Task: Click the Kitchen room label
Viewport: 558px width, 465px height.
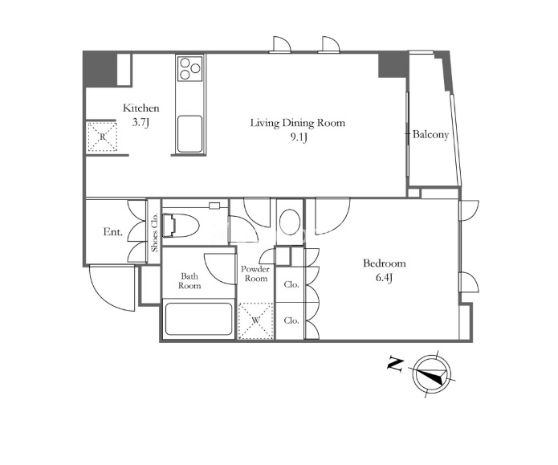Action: point(141,108)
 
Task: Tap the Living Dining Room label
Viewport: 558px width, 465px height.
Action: point(298,123)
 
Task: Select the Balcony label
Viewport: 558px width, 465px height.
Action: point(430,135)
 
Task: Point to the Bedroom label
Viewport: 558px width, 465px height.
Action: point(385,263)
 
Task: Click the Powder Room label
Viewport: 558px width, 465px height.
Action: point(255,274)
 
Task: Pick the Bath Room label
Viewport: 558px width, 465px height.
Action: point(189,281)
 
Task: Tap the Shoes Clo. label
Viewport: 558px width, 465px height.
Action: point(154,233)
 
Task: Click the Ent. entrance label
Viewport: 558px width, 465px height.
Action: point(113,232)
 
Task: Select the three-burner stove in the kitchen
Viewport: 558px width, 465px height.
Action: point(190,68)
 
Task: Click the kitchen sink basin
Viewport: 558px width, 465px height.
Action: point(190,133)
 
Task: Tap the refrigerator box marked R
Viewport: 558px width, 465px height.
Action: point(103,137)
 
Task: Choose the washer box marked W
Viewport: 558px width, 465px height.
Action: point(255,320)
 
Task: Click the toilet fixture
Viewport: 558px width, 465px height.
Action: point(181,225)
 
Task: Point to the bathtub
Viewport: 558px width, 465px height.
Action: point(198,319)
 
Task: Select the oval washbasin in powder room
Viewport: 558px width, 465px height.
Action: point(290,223)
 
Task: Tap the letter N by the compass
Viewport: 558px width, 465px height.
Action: point(395,365)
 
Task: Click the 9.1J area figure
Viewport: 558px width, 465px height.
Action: point(298,137)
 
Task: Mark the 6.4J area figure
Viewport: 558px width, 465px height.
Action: point(385,278)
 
